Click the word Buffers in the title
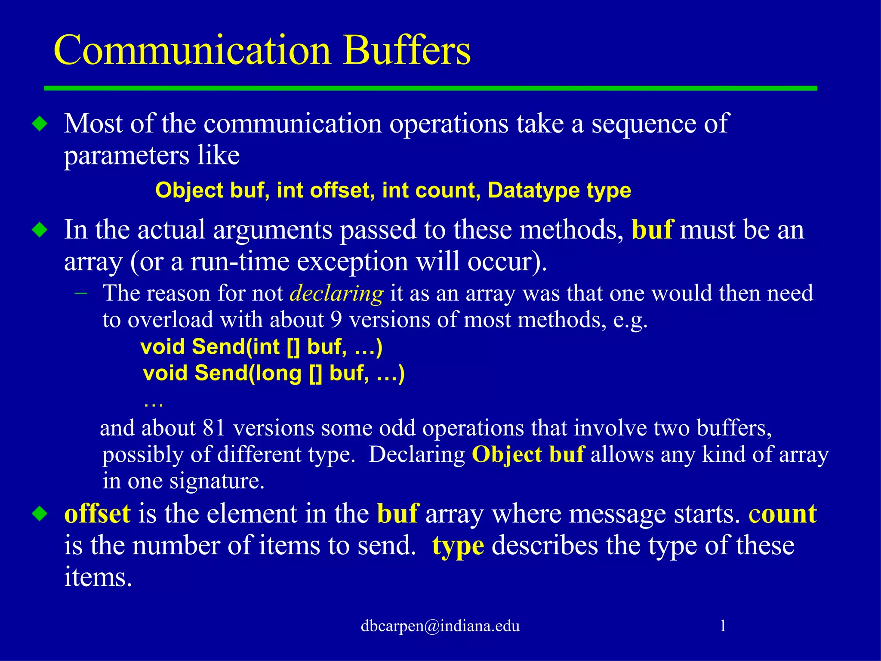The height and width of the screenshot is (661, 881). (x=407, y=50)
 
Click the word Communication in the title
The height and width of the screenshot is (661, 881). (x=192, y=50)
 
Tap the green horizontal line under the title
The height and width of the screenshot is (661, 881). (x=430, y=88)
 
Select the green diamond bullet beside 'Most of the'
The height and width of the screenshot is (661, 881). (x=40, y=124)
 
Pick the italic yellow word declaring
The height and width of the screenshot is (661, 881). (x=336, y=293)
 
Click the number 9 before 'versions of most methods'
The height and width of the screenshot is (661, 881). (x=336, y=320)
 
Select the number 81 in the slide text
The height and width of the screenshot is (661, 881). (x=214, y=428)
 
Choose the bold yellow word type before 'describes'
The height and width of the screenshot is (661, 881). (x=458, y=546)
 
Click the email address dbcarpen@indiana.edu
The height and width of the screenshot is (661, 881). (x=440, y=626)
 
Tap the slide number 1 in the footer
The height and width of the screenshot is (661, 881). (x=723, y=625)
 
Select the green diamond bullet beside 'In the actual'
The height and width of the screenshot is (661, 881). (x=40, y=230)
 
